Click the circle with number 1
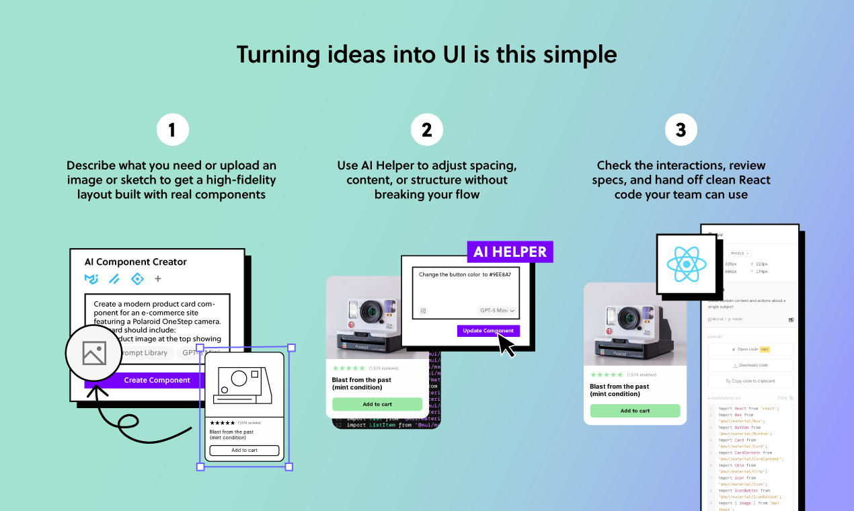[x=172, y=130]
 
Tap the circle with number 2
[x=426, y=130]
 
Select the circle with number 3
[x=681, y=130]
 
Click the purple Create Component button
[x=157, y=380]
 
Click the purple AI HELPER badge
[x=510, y=251]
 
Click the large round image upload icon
[x=93, y=353]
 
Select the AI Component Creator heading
[x=135, y=262]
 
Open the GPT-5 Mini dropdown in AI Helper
[x=497, y=311]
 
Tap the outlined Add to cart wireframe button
[x=244, y=450]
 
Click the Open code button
[x=750, y=350]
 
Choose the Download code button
[x=750, y=365]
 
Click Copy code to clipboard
[x=750, y=381]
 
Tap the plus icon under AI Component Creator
[x=158, y=278]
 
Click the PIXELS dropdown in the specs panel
[x=740, y=253]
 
